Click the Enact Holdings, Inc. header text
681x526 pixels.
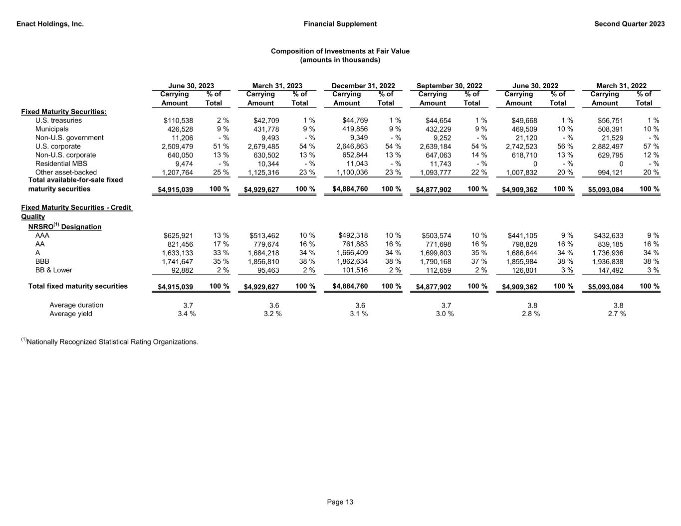coord(50,24)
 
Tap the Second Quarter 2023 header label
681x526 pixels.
coord(629,24)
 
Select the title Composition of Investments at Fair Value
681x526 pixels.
coord(340,51)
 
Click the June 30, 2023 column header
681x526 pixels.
coord(191,86)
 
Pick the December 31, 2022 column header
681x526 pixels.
coord(363,86)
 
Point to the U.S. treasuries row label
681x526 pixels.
coord(58,120)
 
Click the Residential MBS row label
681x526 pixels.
coord(61,164)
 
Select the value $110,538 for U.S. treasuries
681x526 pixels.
coord(178,121)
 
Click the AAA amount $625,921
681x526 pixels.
coord(178,236)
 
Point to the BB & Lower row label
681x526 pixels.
coord(53,270)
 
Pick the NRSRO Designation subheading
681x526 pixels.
coord(64,227)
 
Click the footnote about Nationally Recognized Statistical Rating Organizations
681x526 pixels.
coord(110,342)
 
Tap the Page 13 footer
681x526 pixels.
coord(340,502)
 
